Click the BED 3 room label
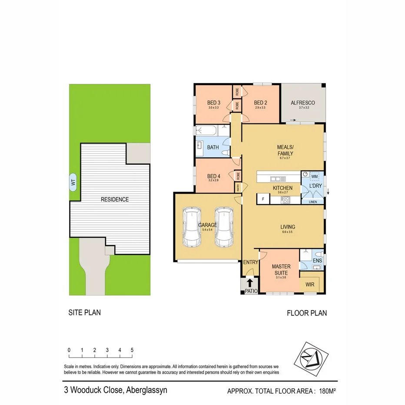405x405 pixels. pos(213,103)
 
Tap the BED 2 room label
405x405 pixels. pos(260,103)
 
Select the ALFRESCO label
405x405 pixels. pos(302,103)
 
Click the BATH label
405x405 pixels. pos(213,147)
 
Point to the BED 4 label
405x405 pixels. pos(213,176)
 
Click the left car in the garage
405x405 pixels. pos(192,227)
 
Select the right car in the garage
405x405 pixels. pos(223,227)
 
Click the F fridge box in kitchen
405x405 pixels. pos(262,199)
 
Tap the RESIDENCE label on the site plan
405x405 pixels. pos(115,199)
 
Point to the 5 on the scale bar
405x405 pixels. pos(132,350)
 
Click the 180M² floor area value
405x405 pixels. pos(328,391)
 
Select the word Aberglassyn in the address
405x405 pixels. pos(146,390)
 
